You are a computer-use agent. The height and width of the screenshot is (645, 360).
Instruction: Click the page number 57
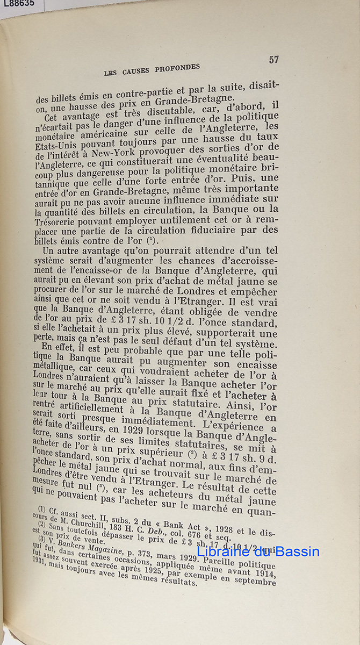coord(273,60)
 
